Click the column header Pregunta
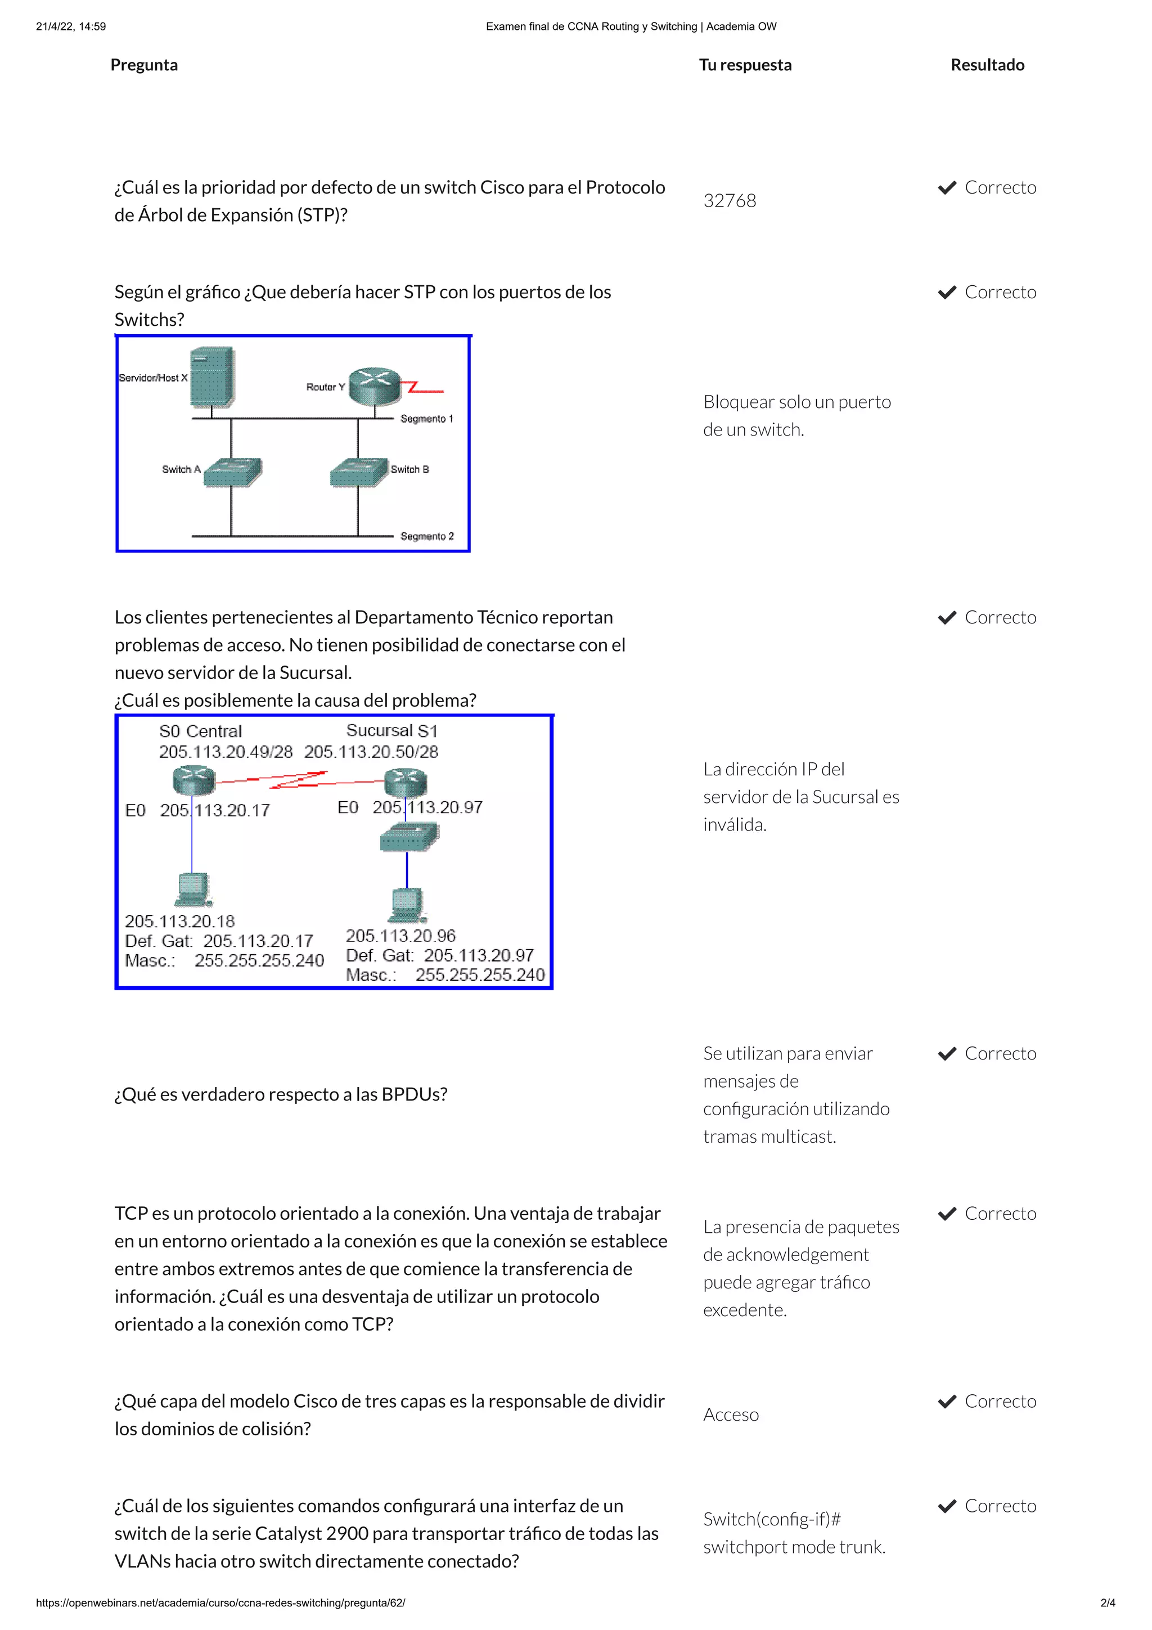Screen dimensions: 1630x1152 144,65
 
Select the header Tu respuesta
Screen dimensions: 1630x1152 745,65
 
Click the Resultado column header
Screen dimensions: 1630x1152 987,65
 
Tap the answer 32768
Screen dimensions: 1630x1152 729,201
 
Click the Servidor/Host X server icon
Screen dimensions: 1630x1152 212,377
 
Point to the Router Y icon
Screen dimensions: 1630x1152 374,385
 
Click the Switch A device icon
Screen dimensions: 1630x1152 232,472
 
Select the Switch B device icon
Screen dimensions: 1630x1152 359,472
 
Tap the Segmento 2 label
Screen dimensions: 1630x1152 426,536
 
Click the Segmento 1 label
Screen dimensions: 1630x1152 426,419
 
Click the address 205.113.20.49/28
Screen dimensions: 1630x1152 226,752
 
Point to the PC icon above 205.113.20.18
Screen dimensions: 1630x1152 193,890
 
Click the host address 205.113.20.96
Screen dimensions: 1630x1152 400,936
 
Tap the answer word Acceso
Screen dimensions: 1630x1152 730,1415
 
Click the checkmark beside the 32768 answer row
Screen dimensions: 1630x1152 947,188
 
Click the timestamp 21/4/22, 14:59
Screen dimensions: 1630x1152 71,27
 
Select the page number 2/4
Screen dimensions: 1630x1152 1108,1603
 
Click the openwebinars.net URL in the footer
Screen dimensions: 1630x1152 220,1603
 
